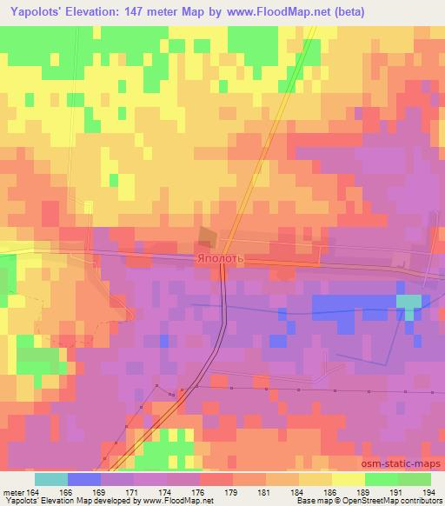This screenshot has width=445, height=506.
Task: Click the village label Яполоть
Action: (x=222, y=259)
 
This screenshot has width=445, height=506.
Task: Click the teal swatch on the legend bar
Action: (x=50, y=479)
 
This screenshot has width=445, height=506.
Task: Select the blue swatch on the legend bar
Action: (x=83, y=479)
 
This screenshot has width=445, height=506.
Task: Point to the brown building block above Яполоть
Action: (x=207, y=237)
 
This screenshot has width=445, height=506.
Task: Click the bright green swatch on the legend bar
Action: (x=381, y=479)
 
